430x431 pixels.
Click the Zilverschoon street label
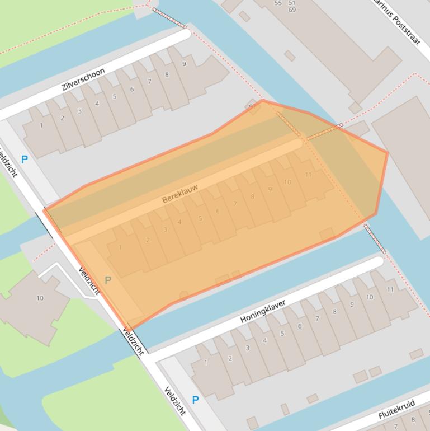click(x=84, y=79)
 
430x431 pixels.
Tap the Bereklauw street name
click(x=180, y=192)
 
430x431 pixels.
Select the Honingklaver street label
click(x=263, y=311)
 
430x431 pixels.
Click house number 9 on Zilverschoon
click(x=184, y=64)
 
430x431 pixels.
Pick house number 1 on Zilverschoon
click(x=41, y=125)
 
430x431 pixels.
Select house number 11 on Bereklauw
click(x=308, y=175)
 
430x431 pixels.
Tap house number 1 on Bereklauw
click(x=120, y=247)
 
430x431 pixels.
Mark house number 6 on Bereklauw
click(x=218, y=211)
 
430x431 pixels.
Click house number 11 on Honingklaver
click(x=390, y=289)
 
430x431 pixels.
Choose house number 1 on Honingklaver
click(x=206, y=363)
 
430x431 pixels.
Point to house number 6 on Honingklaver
click(x=300, y=326)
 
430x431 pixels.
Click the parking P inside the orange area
click(x=108, y=280)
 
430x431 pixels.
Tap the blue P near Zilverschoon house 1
click(x=24, y=160)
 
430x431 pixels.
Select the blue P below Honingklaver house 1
click(x=195, y=400)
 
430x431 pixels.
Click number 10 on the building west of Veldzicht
click(x=40, y=298)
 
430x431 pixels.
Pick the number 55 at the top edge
click(x=278, y=3)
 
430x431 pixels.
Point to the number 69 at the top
click(x=292, y=10)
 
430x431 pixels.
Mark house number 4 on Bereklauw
click(x=179, y=222)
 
